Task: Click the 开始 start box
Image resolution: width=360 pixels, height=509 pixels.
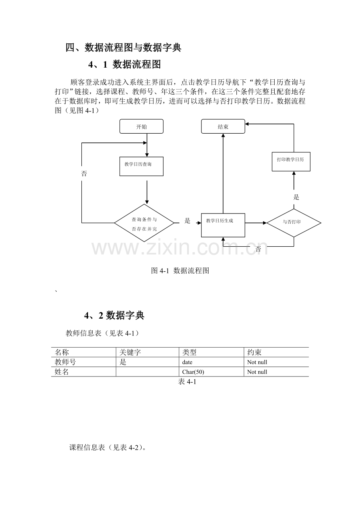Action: click(141, 126)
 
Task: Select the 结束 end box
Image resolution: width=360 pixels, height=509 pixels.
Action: click(223, 126)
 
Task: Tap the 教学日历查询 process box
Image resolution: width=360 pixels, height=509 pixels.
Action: click(141, 166)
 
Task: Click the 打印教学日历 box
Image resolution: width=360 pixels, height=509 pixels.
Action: click(291, 161)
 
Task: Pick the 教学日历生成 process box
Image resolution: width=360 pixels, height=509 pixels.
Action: click(223, 225)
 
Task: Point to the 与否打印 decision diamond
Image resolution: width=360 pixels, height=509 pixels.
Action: click(294, 223)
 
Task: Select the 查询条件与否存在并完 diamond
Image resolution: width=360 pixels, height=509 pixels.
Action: click(144, 223)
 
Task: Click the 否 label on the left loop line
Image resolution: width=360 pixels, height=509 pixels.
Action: click(84, 174)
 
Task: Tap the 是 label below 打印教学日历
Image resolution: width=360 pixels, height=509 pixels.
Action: click(296, 197)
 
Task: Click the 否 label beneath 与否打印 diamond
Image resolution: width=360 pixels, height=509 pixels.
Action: click(258, 249)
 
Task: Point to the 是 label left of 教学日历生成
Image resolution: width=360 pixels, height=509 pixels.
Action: click(187, 220)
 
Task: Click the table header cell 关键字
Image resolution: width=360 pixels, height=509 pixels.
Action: click(130, 352)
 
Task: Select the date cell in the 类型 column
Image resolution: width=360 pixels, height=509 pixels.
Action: click(187, 362)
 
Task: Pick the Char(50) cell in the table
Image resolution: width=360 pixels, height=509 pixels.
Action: click(193, 372)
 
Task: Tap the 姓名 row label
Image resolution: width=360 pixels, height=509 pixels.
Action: click(61, 372)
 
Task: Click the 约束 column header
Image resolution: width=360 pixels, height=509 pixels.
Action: click(254, 352)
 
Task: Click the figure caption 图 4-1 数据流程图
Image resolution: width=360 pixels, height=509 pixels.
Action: click(180, 271)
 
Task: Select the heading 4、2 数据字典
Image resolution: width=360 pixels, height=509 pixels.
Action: click(114, 315)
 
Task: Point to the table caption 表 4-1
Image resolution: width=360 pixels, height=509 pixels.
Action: click(187, 382)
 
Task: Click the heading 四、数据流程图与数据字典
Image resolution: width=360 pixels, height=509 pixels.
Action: click(124, 48)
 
